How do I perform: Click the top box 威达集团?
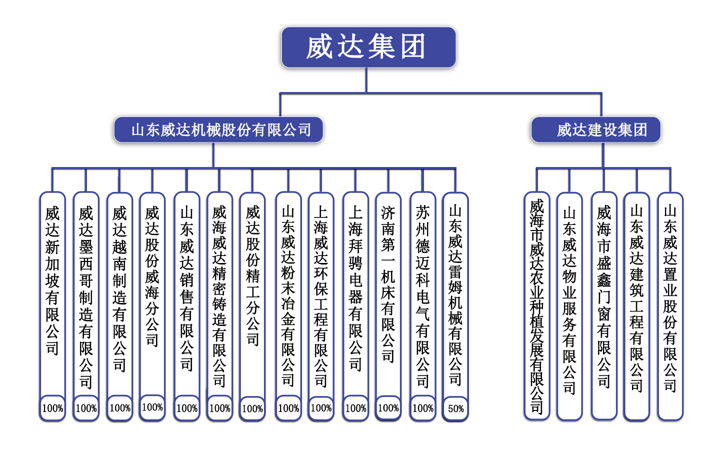[x=368, y=47]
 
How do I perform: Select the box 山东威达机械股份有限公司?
[x=218, y=129]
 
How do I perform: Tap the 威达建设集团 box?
[x=596, y=129]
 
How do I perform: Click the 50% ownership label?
[x=455, y=408]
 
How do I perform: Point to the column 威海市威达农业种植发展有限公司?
[x=536, y=305]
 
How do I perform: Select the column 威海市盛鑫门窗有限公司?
[x=604, y=305]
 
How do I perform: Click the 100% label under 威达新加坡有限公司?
[x=52, y=408]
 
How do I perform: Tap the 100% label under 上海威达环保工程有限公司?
[x=321, y=408]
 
